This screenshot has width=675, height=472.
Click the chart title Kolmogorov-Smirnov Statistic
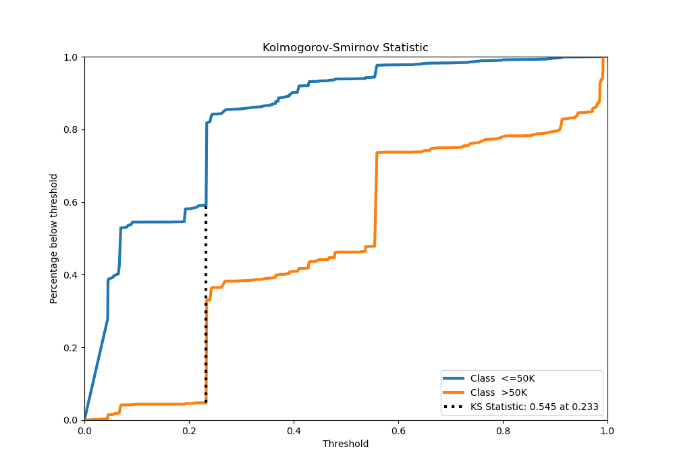click(346, 48)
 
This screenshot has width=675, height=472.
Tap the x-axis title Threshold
click(346, 444)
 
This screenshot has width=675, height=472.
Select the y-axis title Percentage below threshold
click(54, 238)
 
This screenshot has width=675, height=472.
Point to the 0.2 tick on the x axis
click(189, 430)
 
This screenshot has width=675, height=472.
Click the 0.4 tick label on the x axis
click(294, 430)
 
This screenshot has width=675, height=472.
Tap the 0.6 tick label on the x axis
click(398, 430)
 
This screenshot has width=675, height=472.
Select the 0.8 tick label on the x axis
click(503, 430)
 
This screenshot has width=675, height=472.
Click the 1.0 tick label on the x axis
click(607, 430)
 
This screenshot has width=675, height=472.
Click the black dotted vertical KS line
click(206, 303)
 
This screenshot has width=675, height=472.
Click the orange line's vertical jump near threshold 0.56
click(376, 202)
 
